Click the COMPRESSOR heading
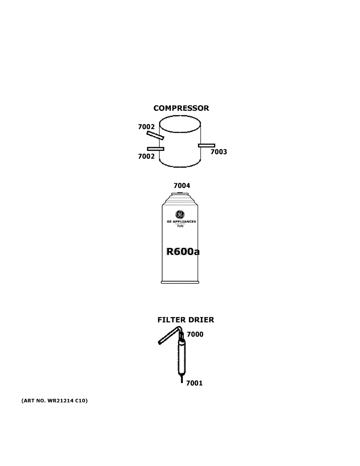pos(181,108)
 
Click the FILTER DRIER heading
pos(185,320)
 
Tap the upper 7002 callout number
pos(146,127)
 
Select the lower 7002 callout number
pos(146,156)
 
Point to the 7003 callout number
pos(219,152)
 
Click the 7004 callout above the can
pos(182,186)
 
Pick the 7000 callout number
pos(195,334)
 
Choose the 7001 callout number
pos(194,383)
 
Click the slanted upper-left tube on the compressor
pos(155,135)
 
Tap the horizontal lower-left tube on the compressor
pos(155,149)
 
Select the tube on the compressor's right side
pos(206,145)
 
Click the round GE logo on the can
pos(180,214)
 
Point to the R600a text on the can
pos(183,252)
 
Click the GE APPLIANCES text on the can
pos(181,222)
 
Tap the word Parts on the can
pos(180,226)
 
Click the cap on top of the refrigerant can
pos(181,193)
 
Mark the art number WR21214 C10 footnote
pos(54,400)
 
